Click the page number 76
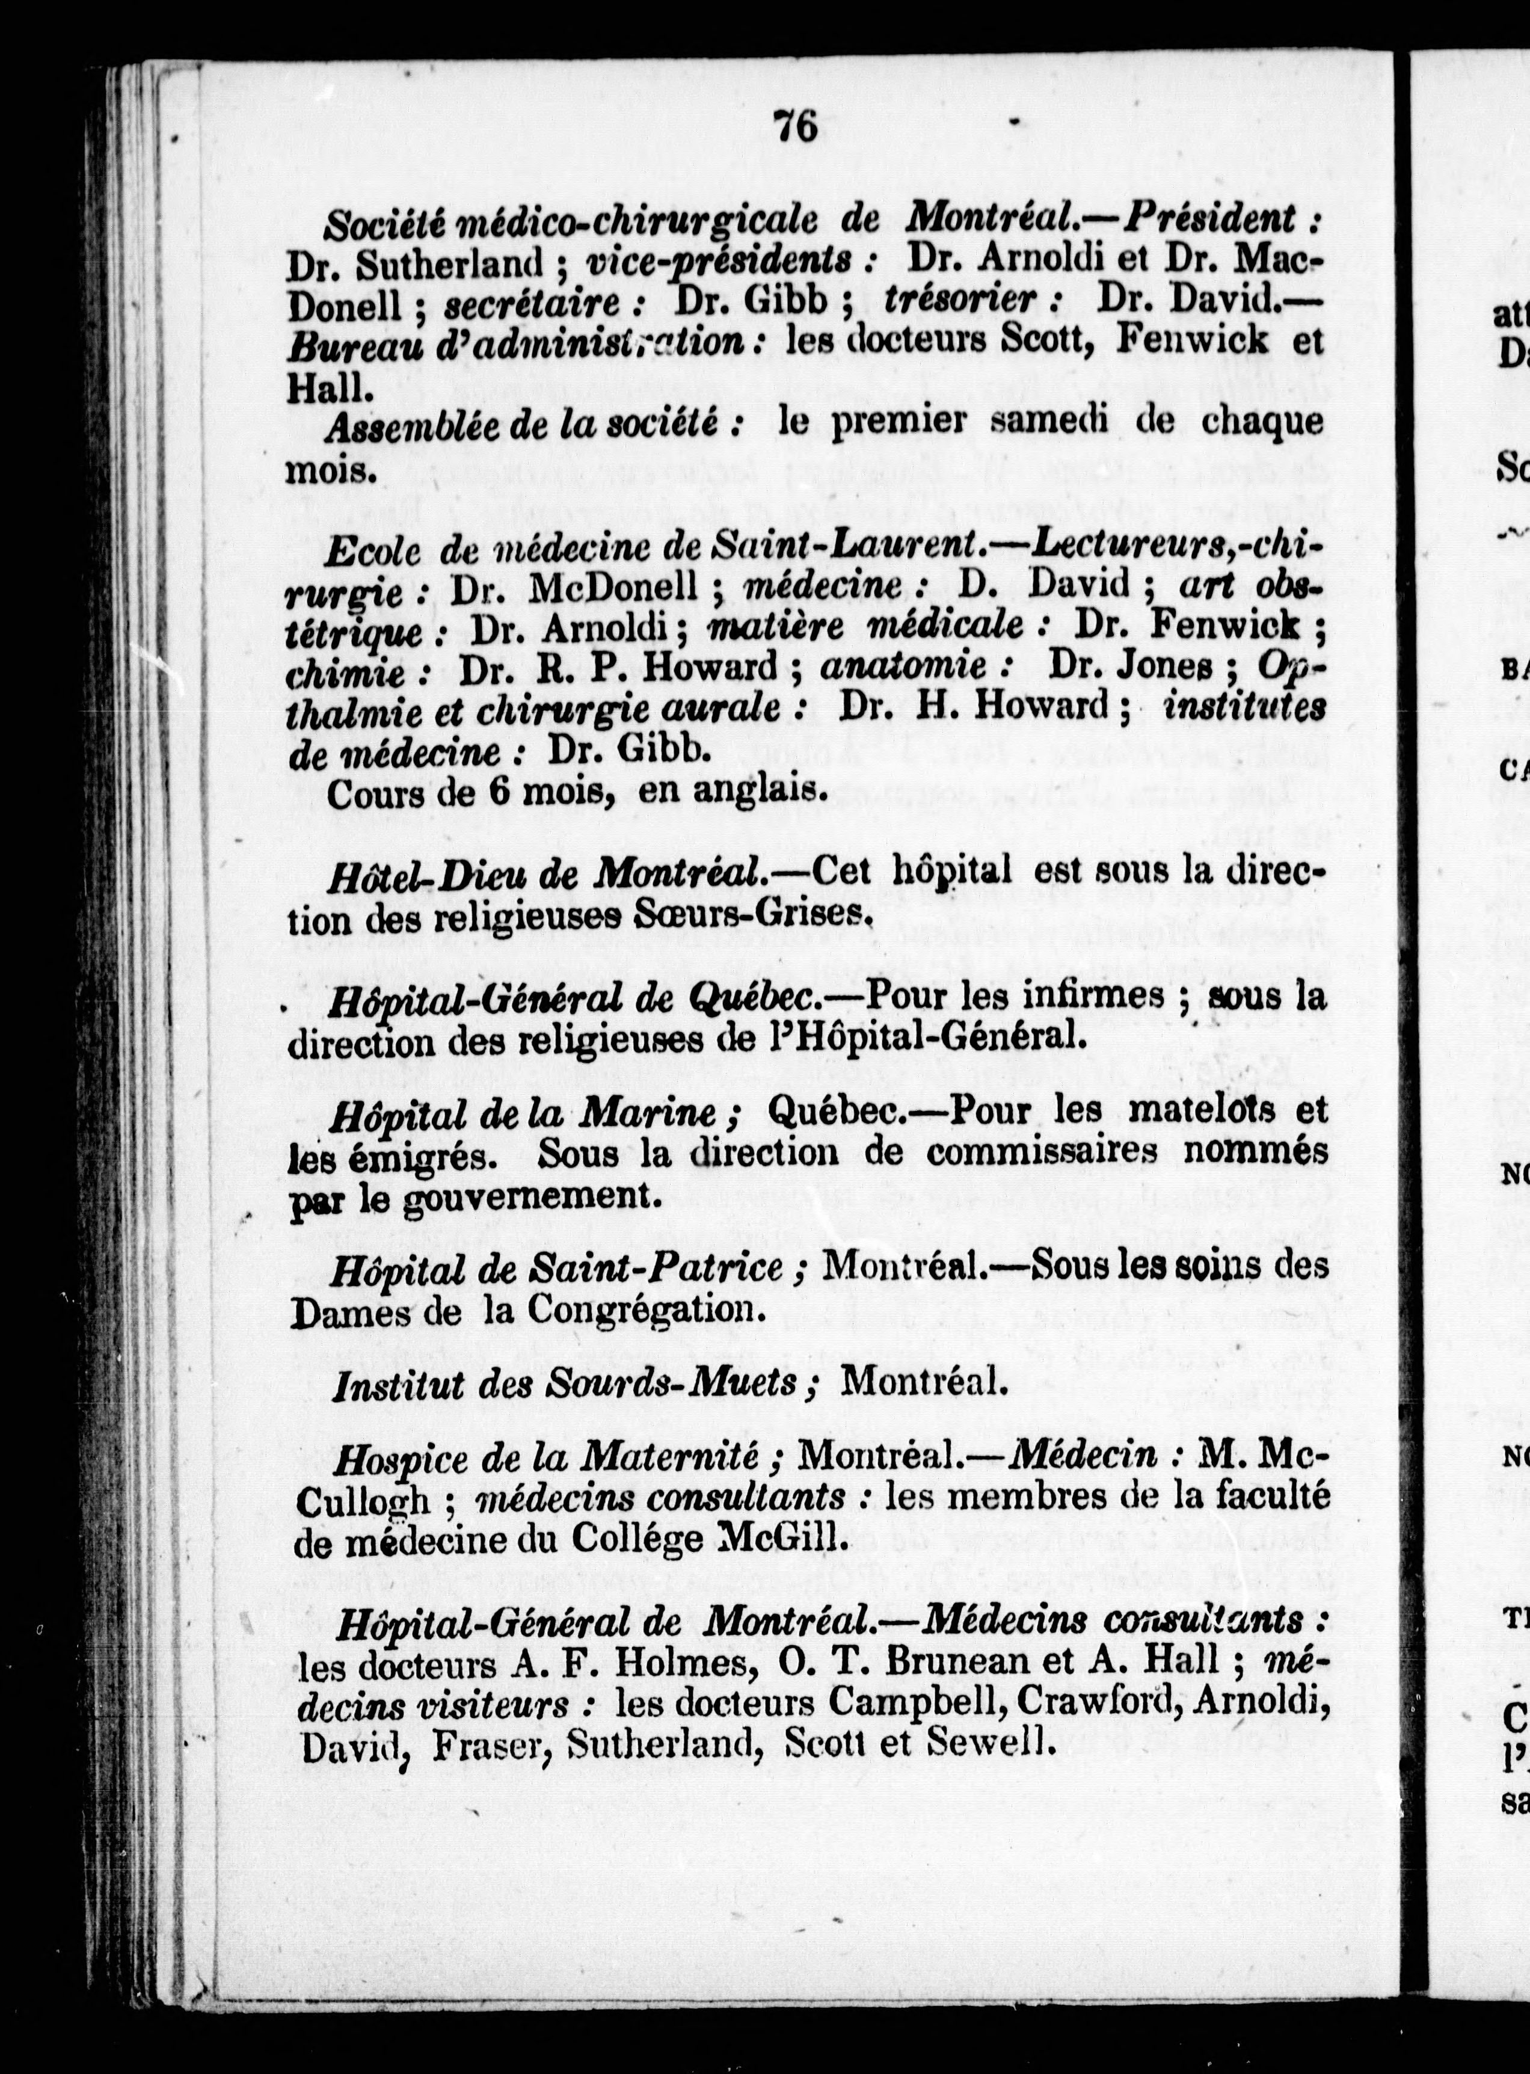796,126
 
